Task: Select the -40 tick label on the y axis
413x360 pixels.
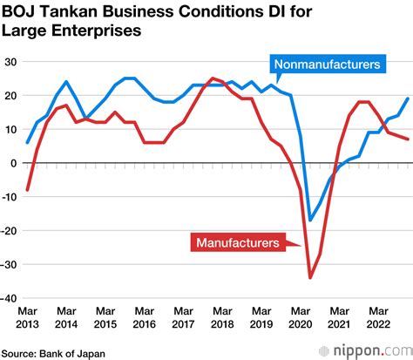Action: [9, 297]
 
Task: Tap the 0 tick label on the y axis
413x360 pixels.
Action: [14, 163]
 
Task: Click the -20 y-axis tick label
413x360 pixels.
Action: [9, 230]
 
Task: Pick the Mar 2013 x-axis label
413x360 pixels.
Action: [28, 317]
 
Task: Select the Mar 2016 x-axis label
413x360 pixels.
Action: [144, 317]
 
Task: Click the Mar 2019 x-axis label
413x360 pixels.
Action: [261, 317]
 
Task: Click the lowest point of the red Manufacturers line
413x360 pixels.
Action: [310, 277]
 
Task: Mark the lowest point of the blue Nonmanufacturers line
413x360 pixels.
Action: [310, 221]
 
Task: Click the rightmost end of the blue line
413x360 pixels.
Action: [407, 98]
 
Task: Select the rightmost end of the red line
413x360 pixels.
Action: [407, 139]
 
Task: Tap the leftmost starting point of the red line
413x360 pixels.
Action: [28, 189]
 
